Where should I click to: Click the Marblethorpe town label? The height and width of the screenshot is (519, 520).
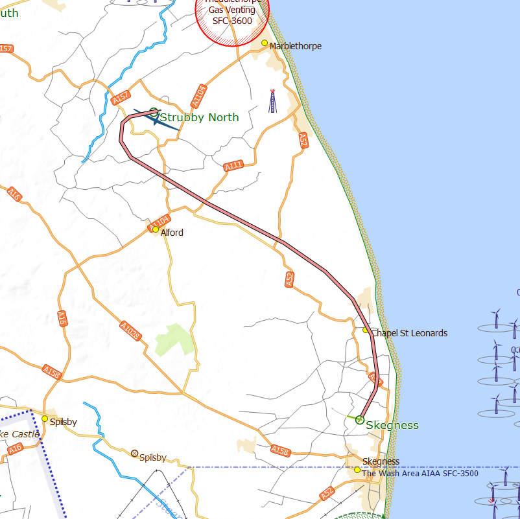(x=295, y=46)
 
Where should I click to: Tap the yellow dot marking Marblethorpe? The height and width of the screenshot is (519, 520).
(x=265, y=43)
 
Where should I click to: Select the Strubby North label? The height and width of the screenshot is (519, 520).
(x=199, y=117)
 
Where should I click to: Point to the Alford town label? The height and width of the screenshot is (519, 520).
(x=172, y=233)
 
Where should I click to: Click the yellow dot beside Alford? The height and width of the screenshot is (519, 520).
(x=156, y=229)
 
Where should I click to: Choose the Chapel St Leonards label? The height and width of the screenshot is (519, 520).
(x=409, y=333)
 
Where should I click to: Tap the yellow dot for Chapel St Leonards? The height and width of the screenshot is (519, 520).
(x=366, y=330)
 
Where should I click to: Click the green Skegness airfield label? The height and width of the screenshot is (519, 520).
(x=392, y=426)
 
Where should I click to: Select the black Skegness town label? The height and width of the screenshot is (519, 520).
(x=381, y=461)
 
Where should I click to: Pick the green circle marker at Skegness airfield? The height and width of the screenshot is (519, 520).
(x=360, y=420)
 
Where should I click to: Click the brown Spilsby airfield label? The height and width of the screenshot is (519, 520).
(x=153, y=457)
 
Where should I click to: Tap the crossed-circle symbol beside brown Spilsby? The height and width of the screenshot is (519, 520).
(x=135, y=454)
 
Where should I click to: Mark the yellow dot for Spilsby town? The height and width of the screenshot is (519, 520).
(x=45, y=419)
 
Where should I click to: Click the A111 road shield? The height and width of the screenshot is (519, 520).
(x=233, y=166)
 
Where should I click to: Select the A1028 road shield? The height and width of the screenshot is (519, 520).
(x=130, y=332)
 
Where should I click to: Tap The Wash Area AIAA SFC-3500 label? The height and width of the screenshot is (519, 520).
(x=420, y=474)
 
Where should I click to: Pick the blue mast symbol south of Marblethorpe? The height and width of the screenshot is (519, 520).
(x=273, y=100)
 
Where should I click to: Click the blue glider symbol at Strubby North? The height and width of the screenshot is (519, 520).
(x=156, y=119)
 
